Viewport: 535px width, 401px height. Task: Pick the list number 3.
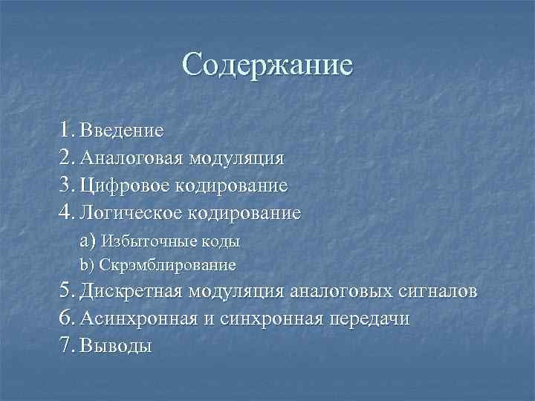pyautogui.click(x=68, y=184)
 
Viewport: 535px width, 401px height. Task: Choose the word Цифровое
pyautogui.click(x=124, y=185)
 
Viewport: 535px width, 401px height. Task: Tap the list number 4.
pyautogui.click(x=68, y=212)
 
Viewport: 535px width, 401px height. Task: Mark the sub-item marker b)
pyautogui.click(x=88, y=264)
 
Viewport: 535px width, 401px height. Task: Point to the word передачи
pyautogui.click(x=369, y=318)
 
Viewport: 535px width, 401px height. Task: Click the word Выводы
pyautogui.click(x=115, y=345)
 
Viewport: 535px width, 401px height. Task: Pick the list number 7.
pyautogui.click(x=68, y=345)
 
